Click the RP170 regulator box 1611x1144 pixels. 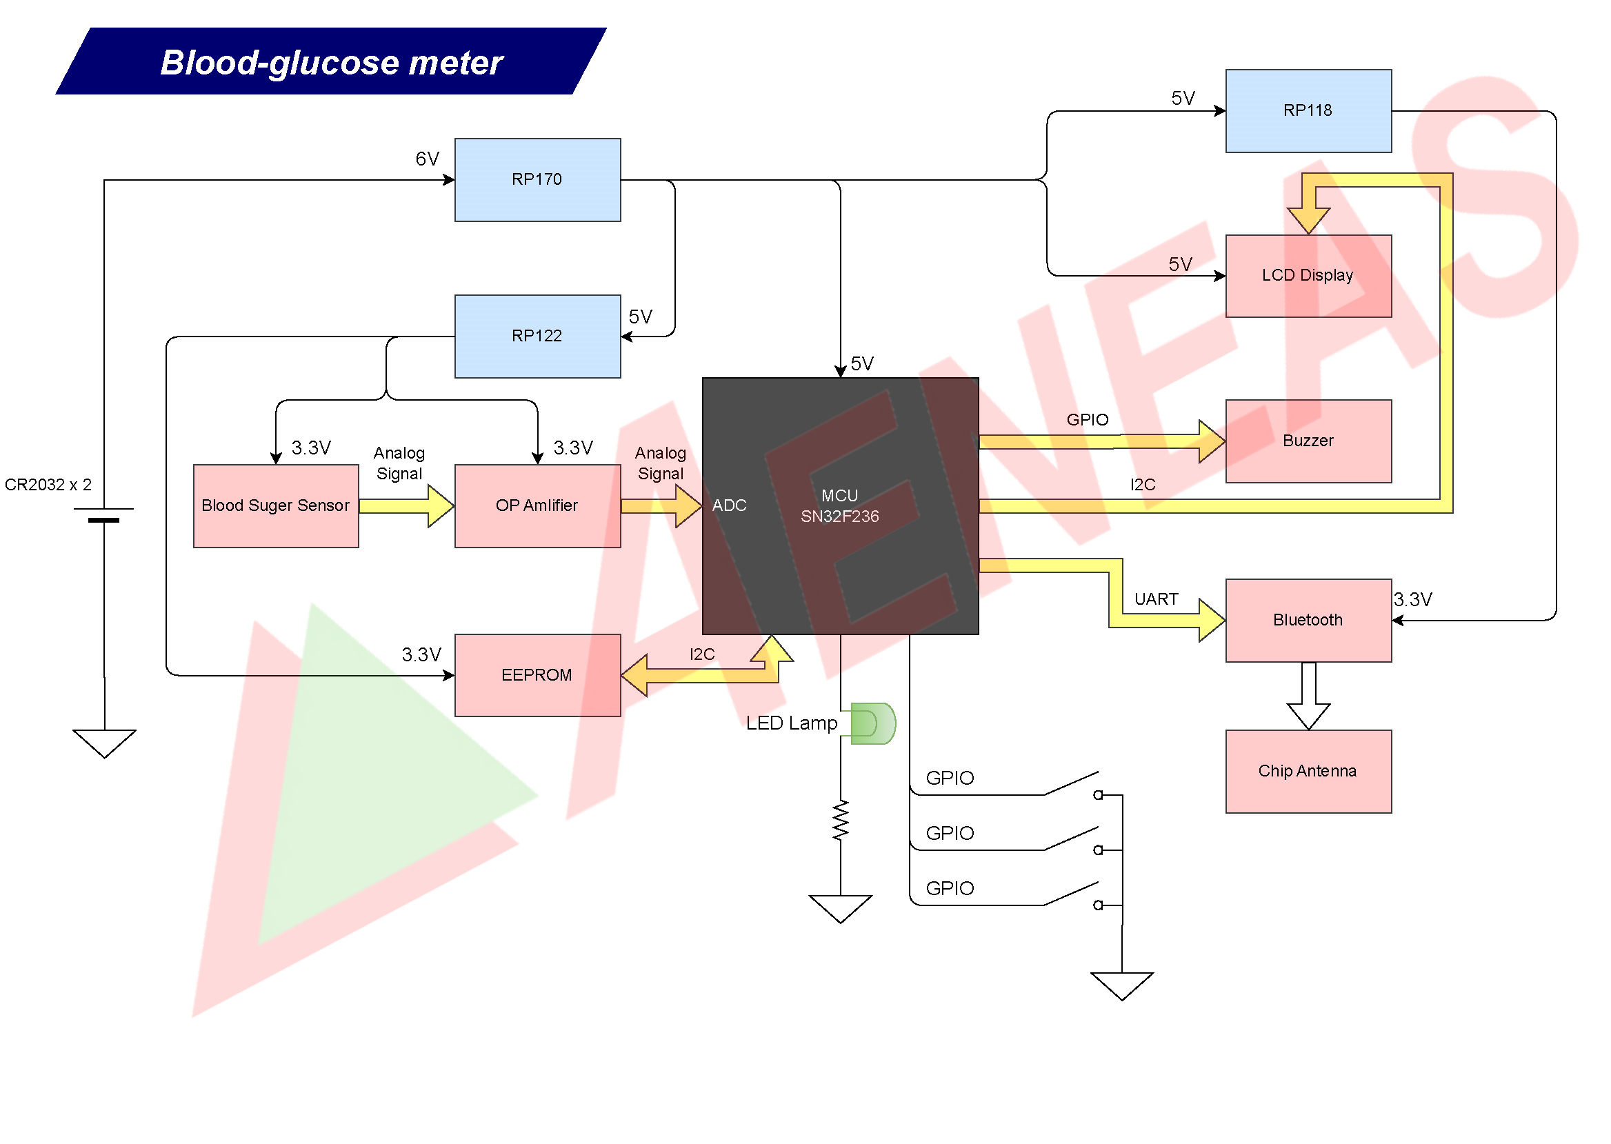(x=537, y=179)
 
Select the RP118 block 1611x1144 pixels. (x=1308, y=110)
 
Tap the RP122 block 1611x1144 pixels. (x=537, y=336)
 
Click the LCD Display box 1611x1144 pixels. (x=1308, y=275)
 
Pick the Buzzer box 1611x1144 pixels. (x=1308, y=441)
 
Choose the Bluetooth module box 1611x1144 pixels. (x=1308, y=620)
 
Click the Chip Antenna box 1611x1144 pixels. (x=1308, y=771)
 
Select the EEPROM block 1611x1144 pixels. (x=537, y=675)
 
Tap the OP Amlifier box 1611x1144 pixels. (x=537, y=505)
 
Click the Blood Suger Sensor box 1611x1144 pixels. (x=275, y=505)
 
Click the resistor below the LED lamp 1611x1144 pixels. (x=841, y=820)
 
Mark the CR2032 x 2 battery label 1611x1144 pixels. (x=48, y=485)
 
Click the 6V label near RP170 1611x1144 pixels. (x=427, y=159)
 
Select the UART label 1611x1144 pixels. (x=1156, y=599)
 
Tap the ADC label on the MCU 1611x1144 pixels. (x=729, y=505)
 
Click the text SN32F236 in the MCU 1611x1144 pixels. (x=840, y=516)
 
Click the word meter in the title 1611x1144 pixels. (x=456, y=63)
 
